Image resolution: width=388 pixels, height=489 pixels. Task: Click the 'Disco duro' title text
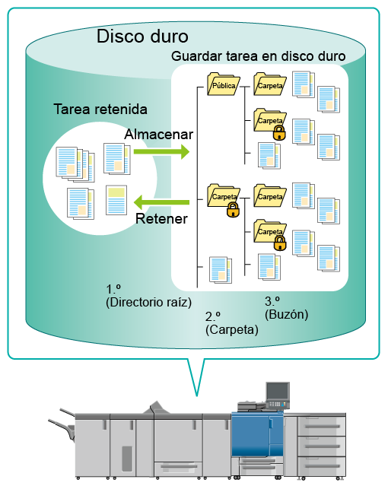(x=142, y=37)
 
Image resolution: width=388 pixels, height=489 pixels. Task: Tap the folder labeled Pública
(x=224, y=84)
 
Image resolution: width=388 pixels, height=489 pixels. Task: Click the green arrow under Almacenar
(x=161, y=152)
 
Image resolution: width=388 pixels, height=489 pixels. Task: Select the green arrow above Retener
(x=161, y=202)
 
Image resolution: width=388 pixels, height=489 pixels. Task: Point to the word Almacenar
(x=158, y=134)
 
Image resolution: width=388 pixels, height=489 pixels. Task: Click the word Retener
(x=161, y=218)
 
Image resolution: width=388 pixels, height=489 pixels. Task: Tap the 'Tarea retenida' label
(x=100, y=110)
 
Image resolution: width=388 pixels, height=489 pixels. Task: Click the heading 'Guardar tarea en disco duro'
(x=258, y=56)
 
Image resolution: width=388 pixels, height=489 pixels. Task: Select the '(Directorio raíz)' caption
(x=148, y=302)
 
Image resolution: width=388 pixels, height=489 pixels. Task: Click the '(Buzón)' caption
(x=286, y=314)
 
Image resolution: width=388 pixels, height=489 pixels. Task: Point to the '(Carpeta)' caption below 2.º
(x=232, y=329)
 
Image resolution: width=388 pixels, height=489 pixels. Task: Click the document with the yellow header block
(x=116, y=200)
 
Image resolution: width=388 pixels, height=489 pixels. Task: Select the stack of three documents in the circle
(x=75, y=164)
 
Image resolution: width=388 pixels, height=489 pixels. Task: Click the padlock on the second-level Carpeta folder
(x=233, y=209)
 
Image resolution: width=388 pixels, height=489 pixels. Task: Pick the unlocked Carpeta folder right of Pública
(x=270, y=84)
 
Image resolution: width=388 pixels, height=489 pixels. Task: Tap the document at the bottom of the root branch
(x=221, y=270)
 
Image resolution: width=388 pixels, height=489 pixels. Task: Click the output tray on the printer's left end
(x=62, y=424)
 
